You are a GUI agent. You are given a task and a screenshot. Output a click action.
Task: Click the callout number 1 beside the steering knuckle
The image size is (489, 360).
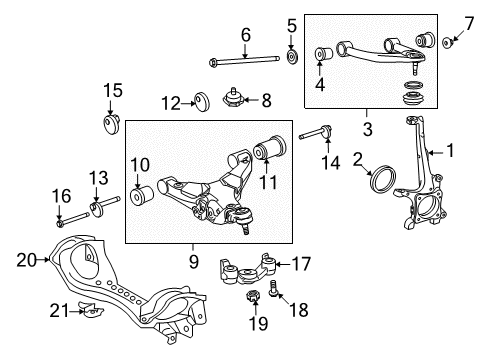450,152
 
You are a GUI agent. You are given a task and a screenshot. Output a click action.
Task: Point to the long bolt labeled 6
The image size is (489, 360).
245,62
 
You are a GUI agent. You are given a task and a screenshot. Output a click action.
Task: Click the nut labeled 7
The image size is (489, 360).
445,41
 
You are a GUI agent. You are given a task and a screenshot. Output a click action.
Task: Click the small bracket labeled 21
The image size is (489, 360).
90,312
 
